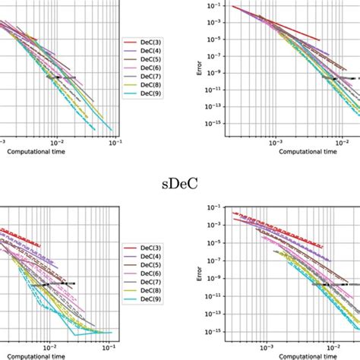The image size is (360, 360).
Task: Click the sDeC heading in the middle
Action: click(x=179, y=183)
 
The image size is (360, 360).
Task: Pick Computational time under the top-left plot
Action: click(x=38, y=151)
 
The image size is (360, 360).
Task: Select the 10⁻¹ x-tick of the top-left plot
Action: click(x=115, y=142)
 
